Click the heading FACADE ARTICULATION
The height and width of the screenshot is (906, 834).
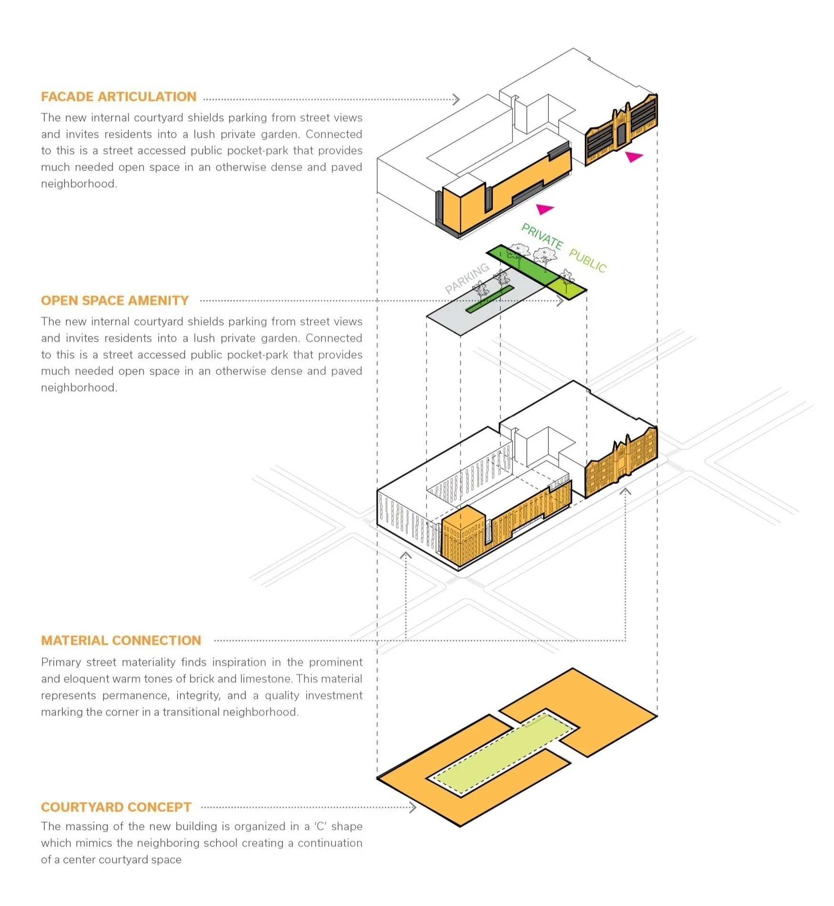[x=119, y=97]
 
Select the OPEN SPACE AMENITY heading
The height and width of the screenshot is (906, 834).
[x=115, y=301]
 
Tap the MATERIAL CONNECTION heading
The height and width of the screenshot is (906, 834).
[x=121, y=641]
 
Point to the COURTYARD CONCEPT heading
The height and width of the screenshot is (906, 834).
[x=116, y=807]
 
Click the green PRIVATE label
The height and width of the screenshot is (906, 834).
[x=542, y=236]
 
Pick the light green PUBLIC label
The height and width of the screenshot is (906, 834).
[x=588, y=261]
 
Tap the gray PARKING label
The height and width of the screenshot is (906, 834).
[x=467, y=278]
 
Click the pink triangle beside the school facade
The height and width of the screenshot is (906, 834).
[x=634, y=156]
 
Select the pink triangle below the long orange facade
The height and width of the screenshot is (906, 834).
[x=544, y=209]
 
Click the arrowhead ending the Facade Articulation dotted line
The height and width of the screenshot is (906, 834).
[x=457, y=100]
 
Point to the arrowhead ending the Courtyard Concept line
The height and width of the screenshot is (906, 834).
[x=413, y=807]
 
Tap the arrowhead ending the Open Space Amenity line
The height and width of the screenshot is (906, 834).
[x=561, y=301]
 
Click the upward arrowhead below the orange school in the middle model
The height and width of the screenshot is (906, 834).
[x=625, y=491]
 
